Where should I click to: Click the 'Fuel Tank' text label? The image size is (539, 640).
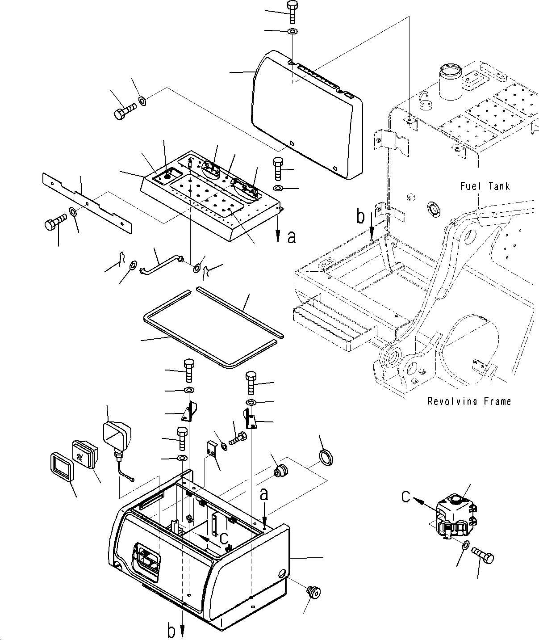tap(485, 186)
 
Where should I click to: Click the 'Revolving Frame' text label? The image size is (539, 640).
tap(469, 401)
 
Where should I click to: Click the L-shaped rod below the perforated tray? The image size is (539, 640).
tap(161, 265)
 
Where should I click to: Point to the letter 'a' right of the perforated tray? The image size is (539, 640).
tap(291, 237)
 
